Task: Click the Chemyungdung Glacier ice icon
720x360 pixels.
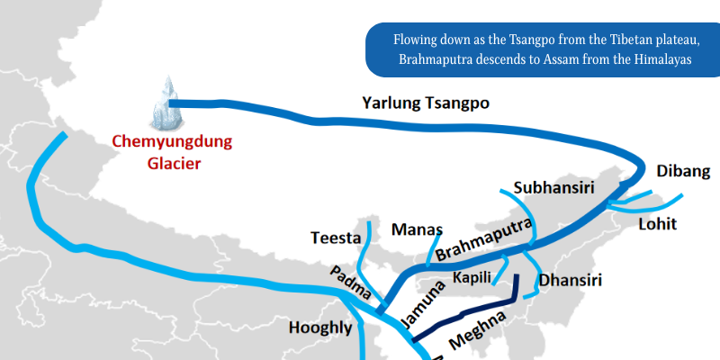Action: [x=167, y=103]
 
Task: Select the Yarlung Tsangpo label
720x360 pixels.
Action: [x=426, y=103]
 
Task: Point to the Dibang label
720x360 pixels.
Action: [x=683, y=171]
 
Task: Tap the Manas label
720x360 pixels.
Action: [x=415, y=229]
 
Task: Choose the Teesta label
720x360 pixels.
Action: [x=335, y=238]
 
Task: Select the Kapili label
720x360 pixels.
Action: [x=472, y=276]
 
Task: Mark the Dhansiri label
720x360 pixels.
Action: [x=571, y=280]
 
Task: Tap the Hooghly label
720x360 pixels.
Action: [x=319, y=328]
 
